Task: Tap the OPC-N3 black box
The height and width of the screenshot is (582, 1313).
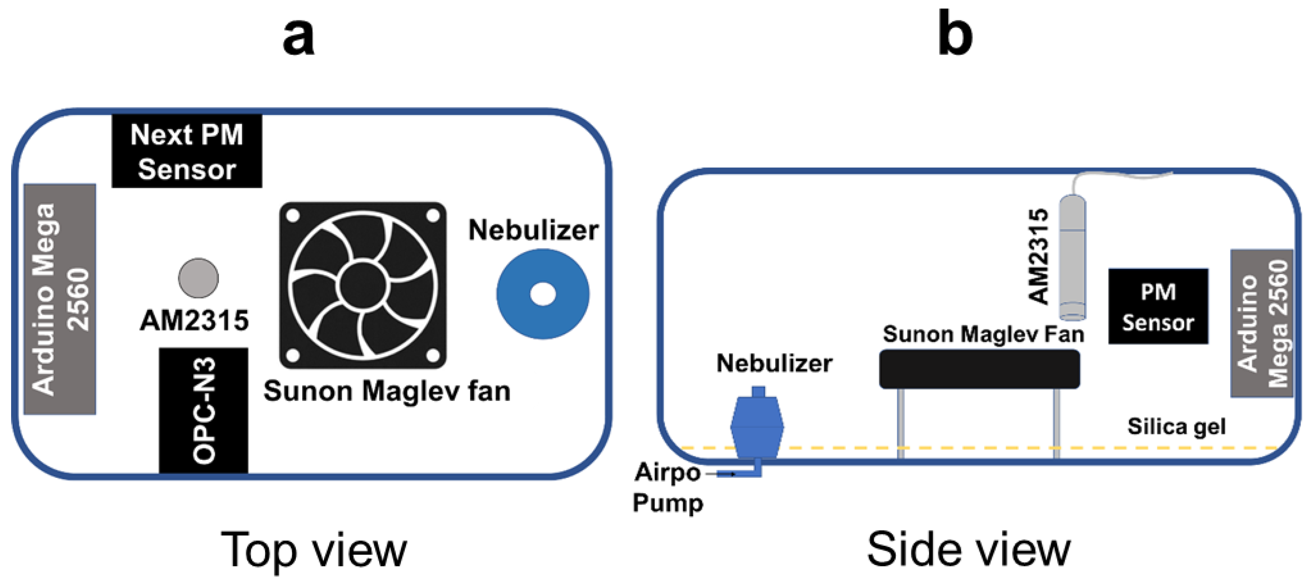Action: (x=203, y=410)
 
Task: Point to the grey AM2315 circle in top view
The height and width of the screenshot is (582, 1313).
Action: (x=198, y=278)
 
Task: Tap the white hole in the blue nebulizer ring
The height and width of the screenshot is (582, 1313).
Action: (x=543, y=294)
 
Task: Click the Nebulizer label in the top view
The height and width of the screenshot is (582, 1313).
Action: (x=533, y=230)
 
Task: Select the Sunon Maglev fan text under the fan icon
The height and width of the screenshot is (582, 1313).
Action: (x=386, y=391)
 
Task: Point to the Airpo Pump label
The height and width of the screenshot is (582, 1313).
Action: (x=668, y=487)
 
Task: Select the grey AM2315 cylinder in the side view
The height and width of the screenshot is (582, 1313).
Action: (x=1072, y=257)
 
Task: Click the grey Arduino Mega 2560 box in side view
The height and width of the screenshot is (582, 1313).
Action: (x=1262, y=323)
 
